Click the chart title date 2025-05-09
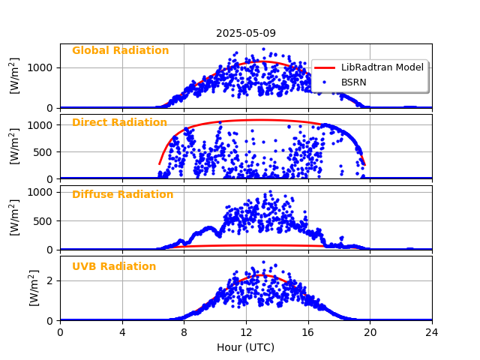(x=246, y=33)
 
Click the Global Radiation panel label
(x=120, y=51)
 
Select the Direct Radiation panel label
(x=119, y=123)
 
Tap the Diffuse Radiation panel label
(x=122, y=195)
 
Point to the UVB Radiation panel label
(x=114, y=267)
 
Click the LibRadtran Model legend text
(x=382, y=67)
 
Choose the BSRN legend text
(x=354, y=82)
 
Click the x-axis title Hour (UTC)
(x=246, y=348)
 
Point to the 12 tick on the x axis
(x=246, y=332)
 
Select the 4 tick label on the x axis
(x=122, y=332)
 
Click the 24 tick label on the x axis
(x=432, y=332)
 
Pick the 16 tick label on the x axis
(x=308, y=332)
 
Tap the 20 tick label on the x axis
(x=370, y=332)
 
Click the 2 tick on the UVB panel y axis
(x=51, y=280)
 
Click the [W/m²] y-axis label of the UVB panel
(x=14, y=288)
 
